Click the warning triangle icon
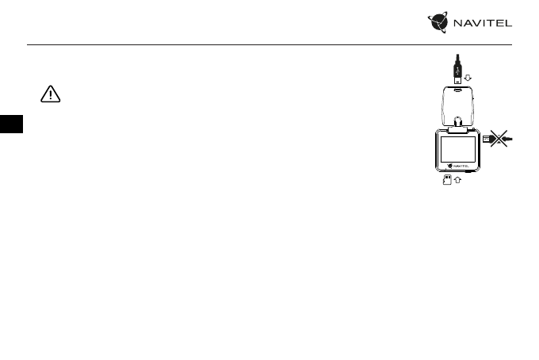point(51,94)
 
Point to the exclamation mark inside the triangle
point(51,95)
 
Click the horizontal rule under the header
point(269,44)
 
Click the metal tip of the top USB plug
point(457,79)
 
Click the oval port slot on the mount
point(457,90)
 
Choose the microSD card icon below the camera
point(446,180)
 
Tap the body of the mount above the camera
point(457,103)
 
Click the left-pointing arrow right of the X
point(509,139)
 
